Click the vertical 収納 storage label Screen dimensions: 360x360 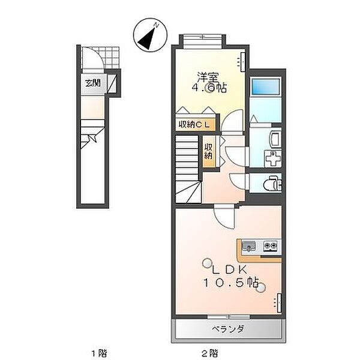coord(208,150)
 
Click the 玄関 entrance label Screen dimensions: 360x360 coord(92,83)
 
